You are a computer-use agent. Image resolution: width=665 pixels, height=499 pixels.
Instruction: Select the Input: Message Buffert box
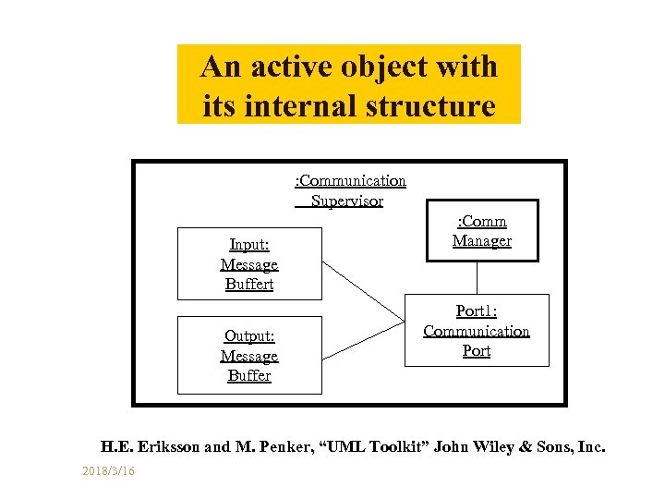tap(249, 264)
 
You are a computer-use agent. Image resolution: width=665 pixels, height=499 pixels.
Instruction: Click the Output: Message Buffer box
tap(249, 356)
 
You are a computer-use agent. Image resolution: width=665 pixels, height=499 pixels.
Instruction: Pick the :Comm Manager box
tap(481, 231)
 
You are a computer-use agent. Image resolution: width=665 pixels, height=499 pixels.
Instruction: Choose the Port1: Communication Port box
tap(477, 331)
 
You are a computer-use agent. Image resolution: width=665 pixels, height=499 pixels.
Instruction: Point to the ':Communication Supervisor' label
tap(349, 190)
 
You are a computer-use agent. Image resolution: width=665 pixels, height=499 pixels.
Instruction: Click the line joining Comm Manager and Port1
tap(478, 278)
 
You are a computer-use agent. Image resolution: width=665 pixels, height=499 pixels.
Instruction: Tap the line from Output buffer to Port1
tap(365, 341)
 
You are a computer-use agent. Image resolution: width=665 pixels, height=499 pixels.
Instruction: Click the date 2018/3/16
tap(107, 472)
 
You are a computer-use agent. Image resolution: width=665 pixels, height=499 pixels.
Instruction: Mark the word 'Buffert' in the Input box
tap(249, 284)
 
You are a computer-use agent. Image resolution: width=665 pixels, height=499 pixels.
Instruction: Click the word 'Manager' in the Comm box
tap(481, 241)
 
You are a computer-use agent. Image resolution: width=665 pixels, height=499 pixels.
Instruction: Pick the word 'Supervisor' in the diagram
tap(347, 201)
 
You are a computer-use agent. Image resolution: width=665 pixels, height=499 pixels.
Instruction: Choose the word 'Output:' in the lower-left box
tap(249, 336)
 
